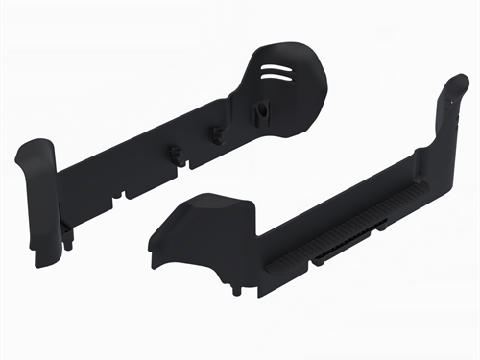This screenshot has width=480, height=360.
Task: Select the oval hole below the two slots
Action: point(260,111)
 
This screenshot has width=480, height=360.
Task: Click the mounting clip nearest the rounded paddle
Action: point(219,133)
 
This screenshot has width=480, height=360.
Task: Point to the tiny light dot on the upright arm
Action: point(450,97)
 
